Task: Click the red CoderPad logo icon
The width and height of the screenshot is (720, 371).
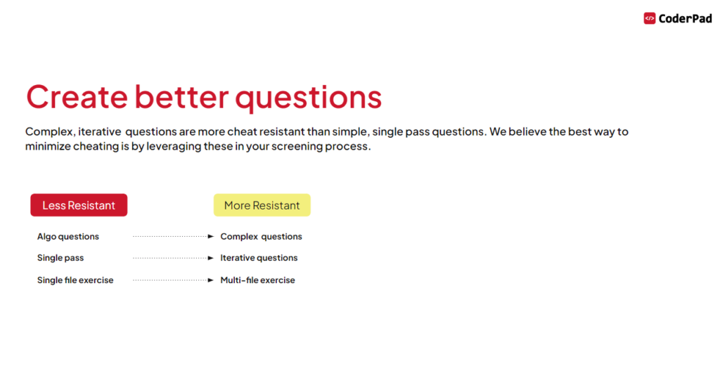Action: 650,18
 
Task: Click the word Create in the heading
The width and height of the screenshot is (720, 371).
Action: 76,97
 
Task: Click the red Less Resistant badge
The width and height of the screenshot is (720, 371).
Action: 79,205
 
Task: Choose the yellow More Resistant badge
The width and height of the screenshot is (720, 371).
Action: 262,205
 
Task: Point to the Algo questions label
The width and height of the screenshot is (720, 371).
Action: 68,237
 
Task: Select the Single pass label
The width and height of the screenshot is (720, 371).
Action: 60,258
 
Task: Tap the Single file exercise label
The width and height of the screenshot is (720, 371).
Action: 75,280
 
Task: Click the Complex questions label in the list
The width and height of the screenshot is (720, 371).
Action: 261,237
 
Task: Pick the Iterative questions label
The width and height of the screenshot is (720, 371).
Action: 259,258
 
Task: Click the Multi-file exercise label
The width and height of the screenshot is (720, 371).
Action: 257,280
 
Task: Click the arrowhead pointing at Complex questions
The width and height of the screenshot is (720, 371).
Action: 210,237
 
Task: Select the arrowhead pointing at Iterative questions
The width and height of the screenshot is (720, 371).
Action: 210,258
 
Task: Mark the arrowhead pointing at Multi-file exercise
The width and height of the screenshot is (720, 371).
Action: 210,280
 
